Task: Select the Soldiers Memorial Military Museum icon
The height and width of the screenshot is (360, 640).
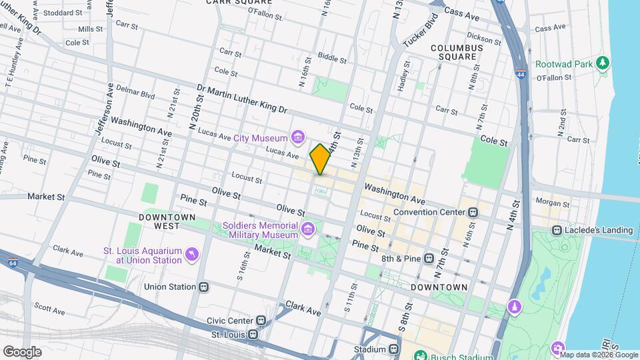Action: point(307,230)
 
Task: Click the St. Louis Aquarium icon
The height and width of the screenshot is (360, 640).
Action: point(192,255)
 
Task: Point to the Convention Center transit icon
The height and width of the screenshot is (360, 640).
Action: point(473,212)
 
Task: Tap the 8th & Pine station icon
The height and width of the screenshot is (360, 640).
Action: point(428,257)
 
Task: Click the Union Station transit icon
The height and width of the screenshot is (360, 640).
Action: point(204,287)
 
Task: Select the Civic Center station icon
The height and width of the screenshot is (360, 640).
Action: point(261,320)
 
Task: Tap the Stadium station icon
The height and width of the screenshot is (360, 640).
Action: point(395,349)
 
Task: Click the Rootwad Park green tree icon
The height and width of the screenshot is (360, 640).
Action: point(603,63)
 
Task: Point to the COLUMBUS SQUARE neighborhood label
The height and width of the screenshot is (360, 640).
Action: point(457,52)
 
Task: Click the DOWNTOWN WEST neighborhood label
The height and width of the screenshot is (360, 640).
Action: point(167,221)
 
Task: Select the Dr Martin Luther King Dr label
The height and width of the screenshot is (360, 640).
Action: point(241,98)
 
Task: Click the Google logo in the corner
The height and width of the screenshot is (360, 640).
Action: point(22,351)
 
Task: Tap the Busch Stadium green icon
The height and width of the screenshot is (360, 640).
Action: point(421,355)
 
